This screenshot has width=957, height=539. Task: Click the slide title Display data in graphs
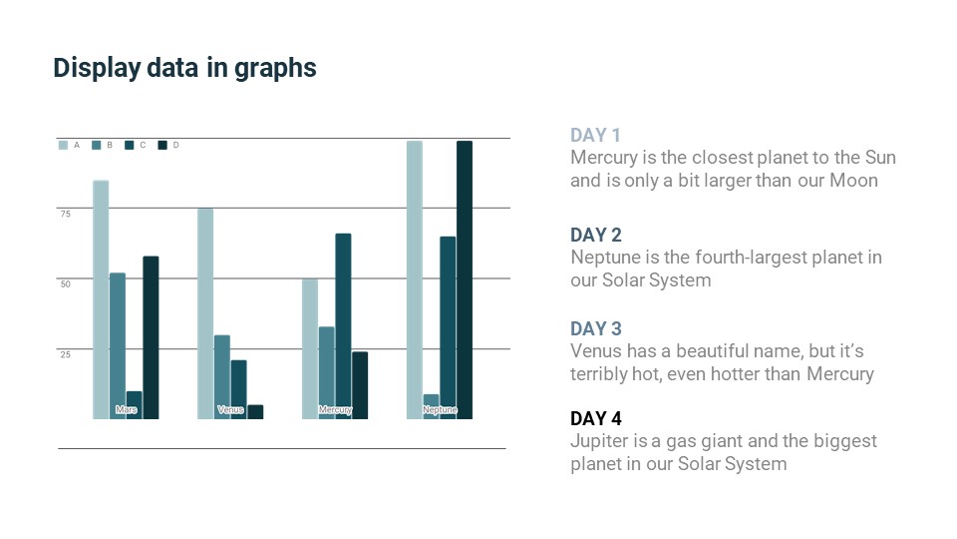pos(184,68)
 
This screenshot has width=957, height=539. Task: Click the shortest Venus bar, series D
pos(255,411)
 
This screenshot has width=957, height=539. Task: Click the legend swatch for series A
pos(64,146)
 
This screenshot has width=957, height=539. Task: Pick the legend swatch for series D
pos(162,146)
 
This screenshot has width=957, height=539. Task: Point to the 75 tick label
pos(65,214)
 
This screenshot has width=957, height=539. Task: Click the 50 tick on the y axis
pos(65,283)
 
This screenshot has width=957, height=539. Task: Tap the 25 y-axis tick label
pos(65,354)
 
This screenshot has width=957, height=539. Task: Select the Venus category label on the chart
pos(230,410)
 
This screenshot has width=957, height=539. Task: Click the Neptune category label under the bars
pos(440,410)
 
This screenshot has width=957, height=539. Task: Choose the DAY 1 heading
pos(596,136)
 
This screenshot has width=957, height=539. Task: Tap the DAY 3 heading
pos(596,328)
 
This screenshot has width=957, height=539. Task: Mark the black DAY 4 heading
pos(596,418)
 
